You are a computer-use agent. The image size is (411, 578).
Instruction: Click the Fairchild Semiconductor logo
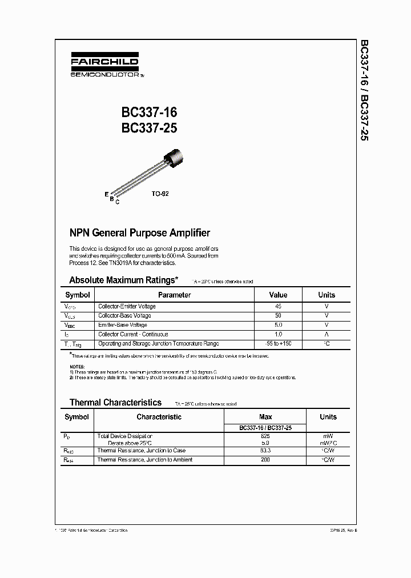pyautogui.click(x=104, y=66)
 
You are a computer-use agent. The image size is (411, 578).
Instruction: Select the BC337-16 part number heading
pyautogui.click(x=149, y=113)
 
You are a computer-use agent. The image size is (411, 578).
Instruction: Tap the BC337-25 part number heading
pyautogui.click(x=149, y=129)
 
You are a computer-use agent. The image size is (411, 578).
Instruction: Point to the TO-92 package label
pyautogui.click(x=160, y=194)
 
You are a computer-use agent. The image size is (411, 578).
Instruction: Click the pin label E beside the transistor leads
pyautogui.click(x=106, y=194)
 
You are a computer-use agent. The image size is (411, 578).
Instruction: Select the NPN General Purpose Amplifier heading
pyautogui.click(x=139, y=232)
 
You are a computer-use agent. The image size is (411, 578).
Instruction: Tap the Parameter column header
pyautogui.click(x=174, y=295)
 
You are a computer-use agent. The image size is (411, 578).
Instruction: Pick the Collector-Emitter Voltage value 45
pyautogui.click(x=278, y=306)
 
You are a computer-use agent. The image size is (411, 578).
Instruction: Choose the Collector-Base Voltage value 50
pyautogui.click(x=278, y=315)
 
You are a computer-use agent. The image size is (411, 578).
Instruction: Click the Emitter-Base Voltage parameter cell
pyautogui.click(x=122, y=324)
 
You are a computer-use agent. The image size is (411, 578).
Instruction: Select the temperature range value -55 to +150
pyautogui.click(x=278, y=344)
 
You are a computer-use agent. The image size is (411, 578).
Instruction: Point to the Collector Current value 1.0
pyautogui.click(x=278, y=334)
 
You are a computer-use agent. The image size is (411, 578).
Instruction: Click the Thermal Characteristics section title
pyautogui.click(x=115, y=402)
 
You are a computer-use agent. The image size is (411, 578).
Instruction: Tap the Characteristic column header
pyautogui.click(x=159, y=417)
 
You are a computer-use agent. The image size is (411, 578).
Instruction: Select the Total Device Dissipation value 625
pyautogui.click(x=265, y=435)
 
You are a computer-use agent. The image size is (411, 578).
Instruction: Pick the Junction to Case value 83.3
pyautogui.click(x=265, y=451)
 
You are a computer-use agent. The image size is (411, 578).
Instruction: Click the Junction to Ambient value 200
pyautogui.click(x=265, y=460)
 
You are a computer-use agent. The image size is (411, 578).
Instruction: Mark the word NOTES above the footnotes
pyautogui.click(x=77, y=366)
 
